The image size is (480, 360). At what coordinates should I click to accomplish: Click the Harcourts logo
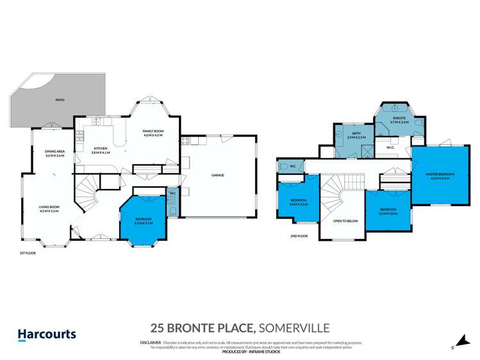pyautogui.click(x=46, y=334)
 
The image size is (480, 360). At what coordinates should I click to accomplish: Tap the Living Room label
pyautogui.click(x=49, y=209)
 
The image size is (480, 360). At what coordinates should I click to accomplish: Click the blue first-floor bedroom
pyautogui.click(x=143, y=221)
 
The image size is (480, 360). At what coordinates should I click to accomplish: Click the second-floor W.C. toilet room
pyautogui.click(x=290, y=167)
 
